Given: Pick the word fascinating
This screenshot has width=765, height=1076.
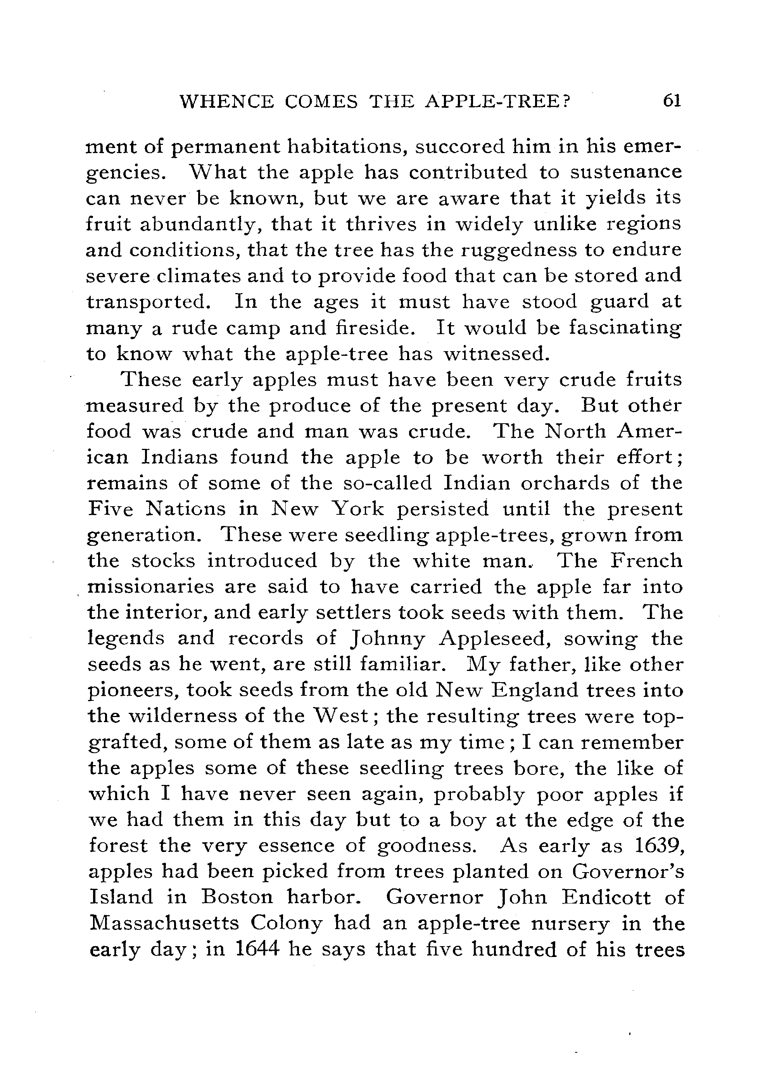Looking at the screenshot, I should click(x=625, y=328).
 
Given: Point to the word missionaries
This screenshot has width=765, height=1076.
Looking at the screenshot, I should click(x=152, y=587).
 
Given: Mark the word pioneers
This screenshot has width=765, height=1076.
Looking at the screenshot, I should click(x=132, y=691).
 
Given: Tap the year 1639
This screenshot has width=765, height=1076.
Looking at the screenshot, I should click(x=658, y=846).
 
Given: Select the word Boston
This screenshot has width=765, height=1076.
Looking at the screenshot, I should click(x=237, y=898).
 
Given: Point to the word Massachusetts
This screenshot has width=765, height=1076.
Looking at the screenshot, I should click(x=163, y=923).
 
